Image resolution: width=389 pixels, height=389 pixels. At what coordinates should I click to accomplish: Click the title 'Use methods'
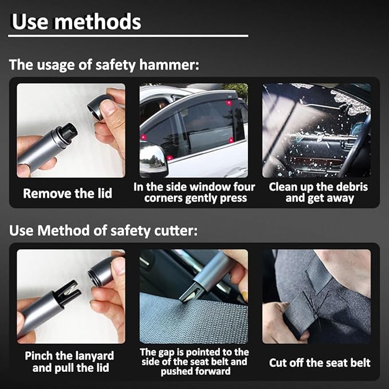76,22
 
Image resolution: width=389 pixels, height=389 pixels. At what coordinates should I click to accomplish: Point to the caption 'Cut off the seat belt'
320,363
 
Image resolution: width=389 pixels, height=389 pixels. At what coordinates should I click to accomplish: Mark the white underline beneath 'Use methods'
128,36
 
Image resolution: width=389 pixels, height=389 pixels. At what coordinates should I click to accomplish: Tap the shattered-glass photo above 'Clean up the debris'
316,130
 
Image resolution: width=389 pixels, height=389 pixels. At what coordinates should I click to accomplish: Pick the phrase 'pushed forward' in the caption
195,371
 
